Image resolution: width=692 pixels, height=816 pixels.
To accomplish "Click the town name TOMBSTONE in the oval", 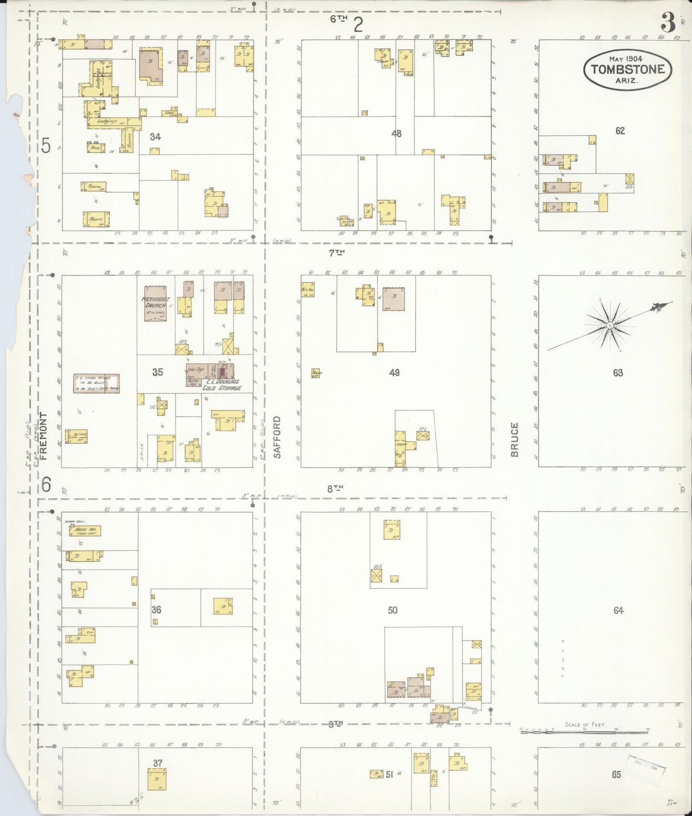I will pos(627,69).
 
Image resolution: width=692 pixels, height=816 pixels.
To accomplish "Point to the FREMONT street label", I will pos(44,436).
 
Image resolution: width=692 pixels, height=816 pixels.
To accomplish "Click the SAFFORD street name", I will pos(277,437).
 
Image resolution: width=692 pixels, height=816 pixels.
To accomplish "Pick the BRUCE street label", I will pos(514,439).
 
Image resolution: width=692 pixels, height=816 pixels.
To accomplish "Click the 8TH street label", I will pos(335,488).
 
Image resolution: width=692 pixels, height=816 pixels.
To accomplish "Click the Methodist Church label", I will pos(156,302).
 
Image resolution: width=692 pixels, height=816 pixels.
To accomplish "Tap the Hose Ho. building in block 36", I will pos(85,531).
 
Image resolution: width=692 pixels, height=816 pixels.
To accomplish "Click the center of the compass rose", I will pos(610,326).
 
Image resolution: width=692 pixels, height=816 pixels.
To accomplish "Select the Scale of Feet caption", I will pos(585,724).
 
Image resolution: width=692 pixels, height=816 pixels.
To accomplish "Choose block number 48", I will pos(396,134).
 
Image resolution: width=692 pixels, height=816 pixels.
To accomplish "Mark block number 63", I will pos(618,373).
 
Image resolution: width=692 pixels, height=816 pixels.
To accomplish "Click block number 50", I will pos(393,610).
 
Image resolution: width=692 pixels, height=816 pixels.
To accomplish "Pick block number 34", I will pos(155,137).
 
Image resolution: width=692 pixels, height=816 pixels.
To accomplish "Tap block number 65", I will pos(616,774).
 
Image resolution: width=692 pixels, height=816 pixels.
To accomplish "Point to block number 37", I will pos(158,763).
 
